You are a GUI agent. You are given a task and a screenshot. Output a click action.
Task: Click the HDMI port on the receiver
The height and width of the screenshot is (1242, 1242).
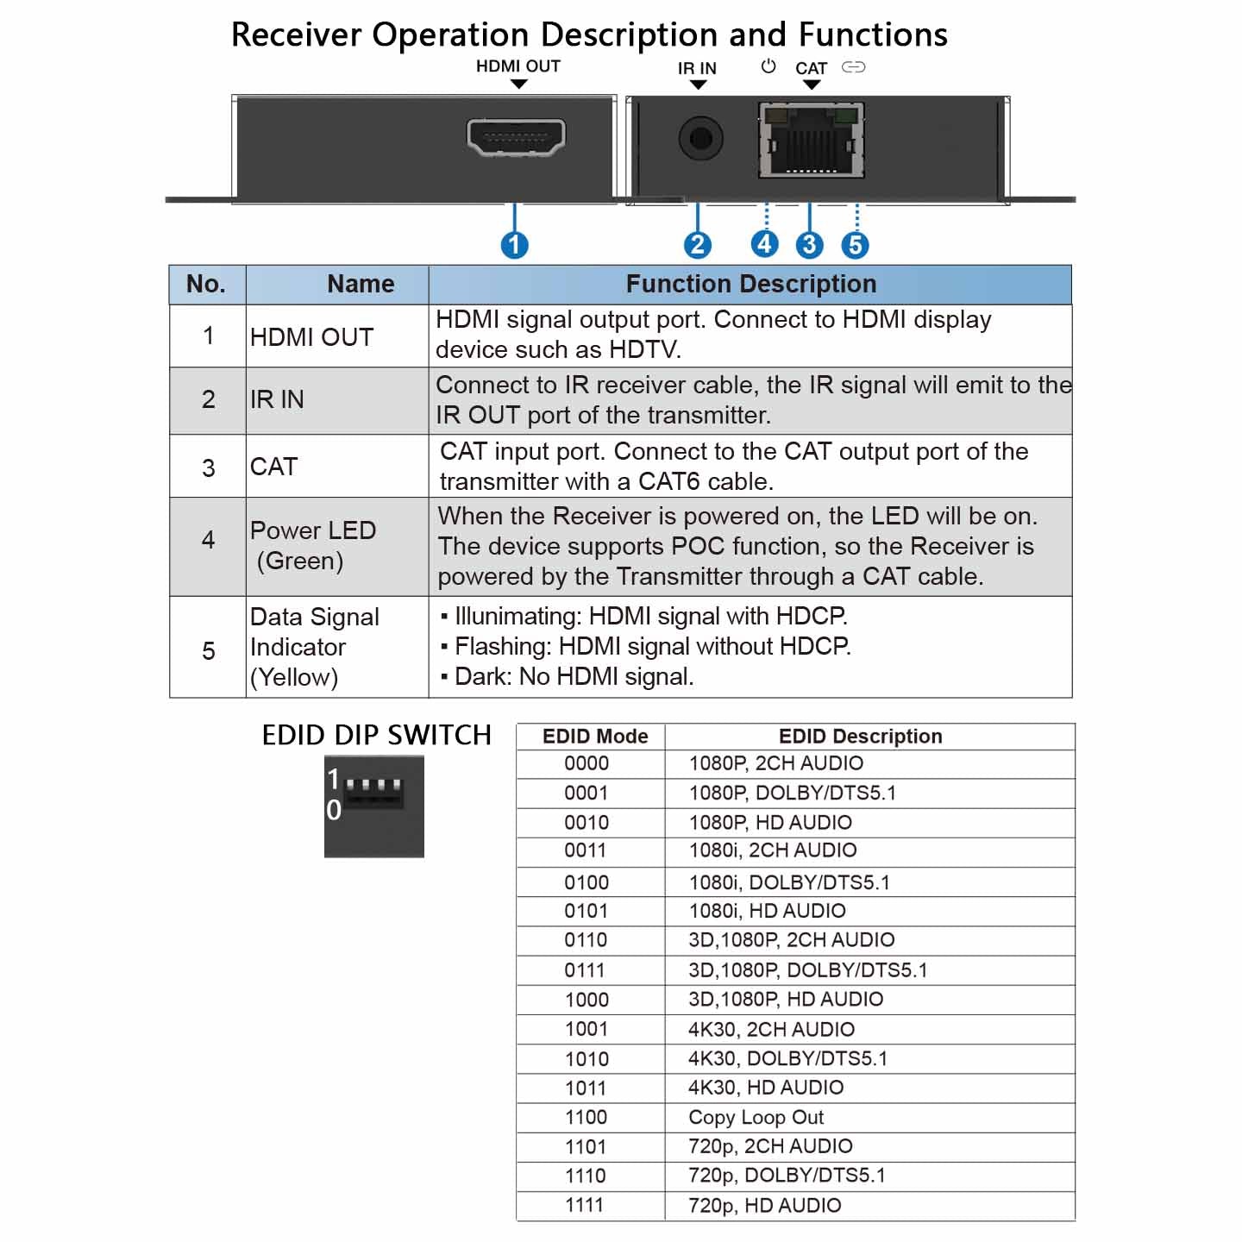[516, 137]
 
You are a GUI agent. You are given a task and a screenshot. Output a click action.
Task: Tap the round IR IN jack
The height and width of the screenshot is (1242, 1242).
[699, 138]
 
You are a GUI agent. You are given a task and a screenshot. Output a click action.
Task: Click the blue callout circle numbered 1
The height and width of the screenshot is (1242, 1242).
[515, 245]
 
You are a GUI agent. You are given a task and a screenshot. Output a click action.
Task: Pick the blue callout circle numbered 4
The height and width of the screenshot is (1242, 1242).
[764, 244]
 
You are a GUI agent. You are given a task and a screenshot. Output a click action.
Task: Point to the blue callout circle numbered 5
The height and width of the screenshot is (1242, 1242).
[855, 245]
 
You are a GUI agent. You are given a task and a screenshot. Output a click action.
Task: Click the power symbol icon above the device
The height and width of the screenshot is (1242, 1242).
[768, 66]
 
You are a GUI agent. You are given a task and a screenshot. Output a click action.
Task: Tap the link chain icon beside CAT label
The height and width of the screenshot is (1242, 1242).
[853, 67]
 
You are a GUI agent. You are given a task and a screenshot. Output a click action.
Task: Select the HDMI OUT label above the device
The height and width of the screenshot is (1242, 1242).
[517, 66]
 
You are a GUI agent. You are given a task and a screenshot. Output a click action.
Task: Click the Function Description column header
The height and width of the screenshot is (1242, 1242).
[750, 284]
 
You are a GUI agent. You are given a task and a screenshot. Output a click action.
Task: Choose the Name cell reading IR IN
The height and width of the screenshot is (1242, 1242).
[277, 399]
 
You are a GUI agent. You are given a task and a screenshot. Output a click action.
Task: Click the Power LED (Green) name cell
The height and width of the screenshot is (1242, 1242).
[312, 545]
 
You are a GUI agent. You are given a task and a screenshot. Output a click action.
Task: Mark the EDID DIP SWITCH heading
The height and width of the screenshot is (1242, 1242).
[376, 735]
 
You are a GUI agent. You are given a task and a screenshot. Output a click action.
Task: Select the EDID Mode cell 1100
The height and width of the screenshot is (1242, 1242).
[586, 1117]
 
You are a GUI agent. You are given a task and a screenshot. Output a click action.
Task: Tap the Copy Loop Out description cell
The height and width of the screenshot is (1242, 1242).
[756, 1117]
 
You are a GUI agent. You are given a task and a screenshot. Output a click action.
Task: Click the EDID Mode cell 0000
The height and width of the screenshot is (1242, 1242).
[586, 763]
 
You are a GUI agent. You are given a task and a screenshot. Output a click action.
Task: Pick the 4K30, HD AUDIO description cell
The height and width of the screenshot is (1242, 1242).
[766, 1088]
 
